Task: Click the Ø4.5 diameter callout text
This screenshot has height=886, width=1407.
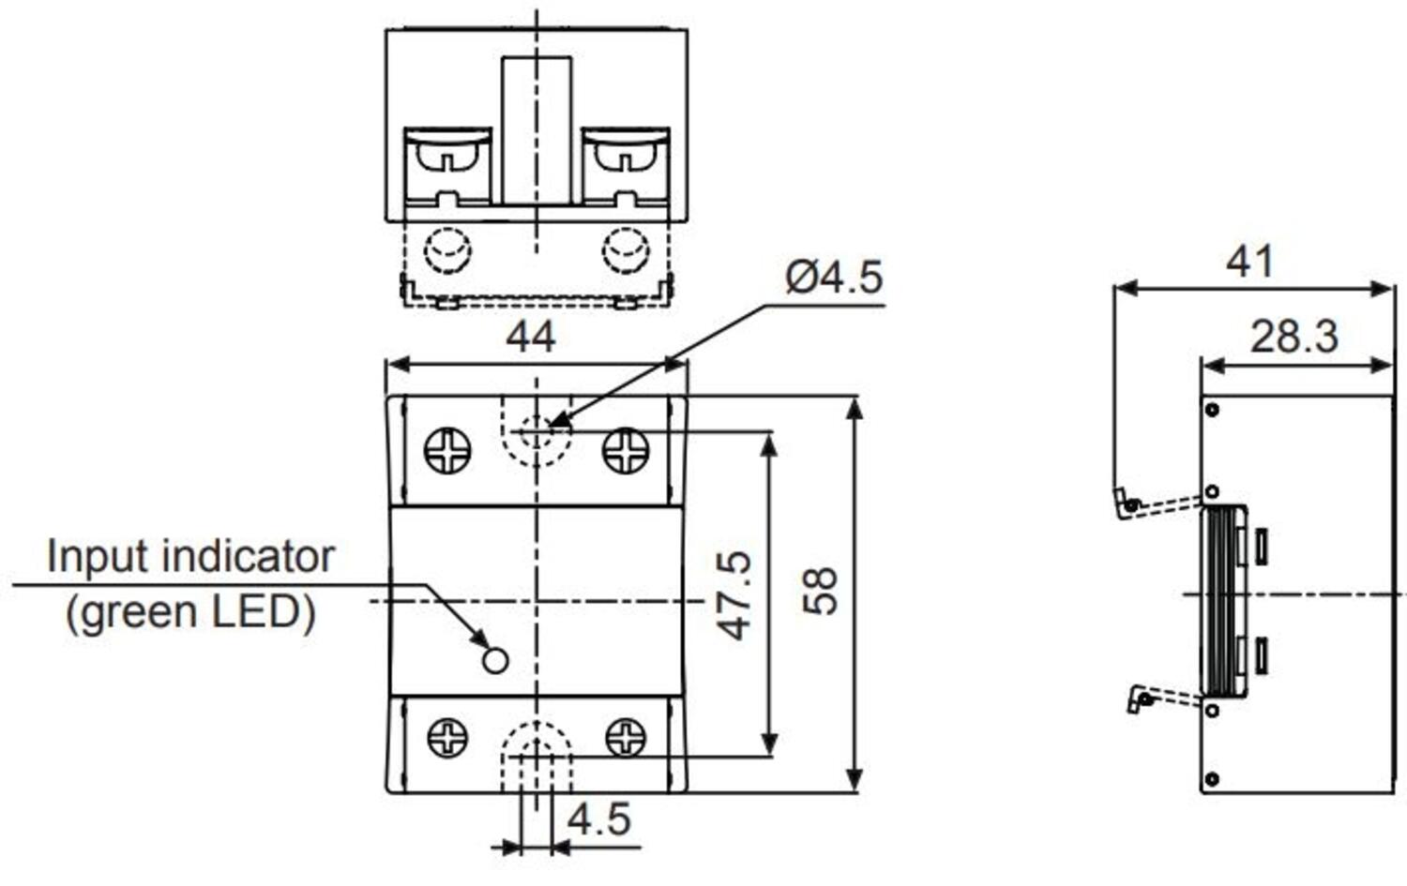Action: tap(834, 278)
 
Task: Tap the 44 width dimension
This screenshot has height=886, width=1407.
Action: tap(531, 337)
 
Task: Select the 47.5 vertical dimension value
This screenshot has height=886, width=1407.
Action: tap(734, 595)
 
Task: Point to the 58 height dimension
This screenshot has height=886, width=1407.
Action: tap(820, 591)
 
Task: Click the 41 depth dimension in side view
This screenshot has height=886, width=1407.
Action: tap(1250, 262)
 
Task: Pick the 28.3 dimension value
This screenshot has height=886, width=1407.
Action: tap(1294, 337)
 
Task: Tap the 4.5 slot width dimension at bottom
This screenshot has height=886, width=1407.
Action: tap(599, 819)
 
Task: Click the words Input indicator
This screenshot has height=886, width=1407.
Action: tap(190, 557)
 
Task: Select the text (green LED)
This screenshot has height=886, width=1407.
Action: tap(190, 612)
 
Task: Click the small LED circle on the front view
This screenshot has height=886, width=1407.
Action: tap(494, 661)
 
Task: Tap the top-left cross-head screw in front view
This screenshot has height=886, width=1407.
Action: tap(447, 451)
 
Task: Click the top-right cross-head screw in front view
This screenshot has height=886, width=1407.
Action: tap(625, 451)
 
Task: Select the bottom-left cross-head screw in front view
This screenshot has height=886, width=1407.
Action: tap(447, 738)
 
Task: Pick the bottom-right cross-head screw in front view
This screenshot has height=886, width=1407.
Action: tap(626, 738)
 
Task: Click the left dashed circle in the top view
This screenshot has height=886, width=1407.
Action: tap(447, 250)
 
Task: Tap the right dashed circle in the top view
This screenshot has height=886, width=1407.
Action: tap(625, 250)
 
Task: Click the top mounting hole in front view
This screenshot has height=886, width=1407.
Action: tap(536, 431)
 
